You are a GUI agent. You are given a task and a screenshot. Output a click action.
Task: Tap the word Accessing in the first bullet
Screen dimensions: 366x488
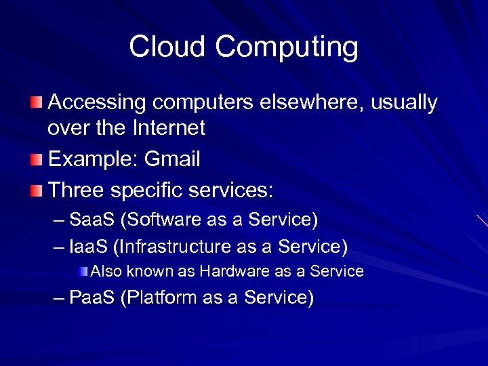tap(98, 103)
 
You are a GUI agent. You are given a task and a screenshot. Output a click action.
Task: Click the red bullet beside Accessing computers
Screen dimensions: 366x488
tap(36, 104)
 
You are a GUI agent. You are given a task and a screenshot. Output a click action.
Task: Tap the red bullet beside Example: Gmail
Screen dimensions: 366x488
tap(36, 161)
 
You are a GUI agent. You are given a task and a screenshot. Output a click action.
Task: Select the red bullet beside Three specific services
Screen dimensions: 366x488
tap(36, 191)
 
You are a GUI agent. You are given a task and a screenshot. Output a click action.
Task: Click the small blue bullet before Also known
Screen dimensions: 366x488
tap(83, 272)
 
